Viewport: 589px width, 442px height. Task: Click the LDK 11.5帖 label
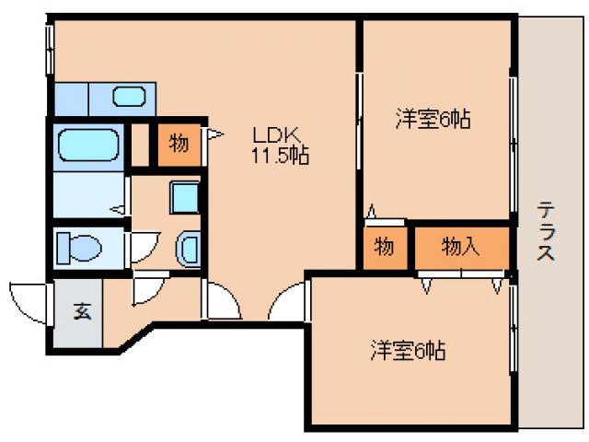[x=281, y=144]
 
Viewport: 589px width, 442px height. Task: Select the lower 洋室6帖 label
[x=408, y=351]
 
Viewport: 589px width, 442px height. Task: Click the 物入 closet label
[x=459, y=246]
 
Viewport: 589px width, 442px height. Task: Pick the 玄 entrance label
[x=82, y=311]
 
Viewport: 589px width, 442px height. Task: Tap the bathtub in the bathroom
[x=87, y=146]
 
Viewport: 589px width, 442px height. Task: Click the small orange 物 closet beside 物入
[x=385, y=247]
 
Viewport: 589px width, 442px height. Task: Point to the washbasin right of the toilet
[x=188, y=249]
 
